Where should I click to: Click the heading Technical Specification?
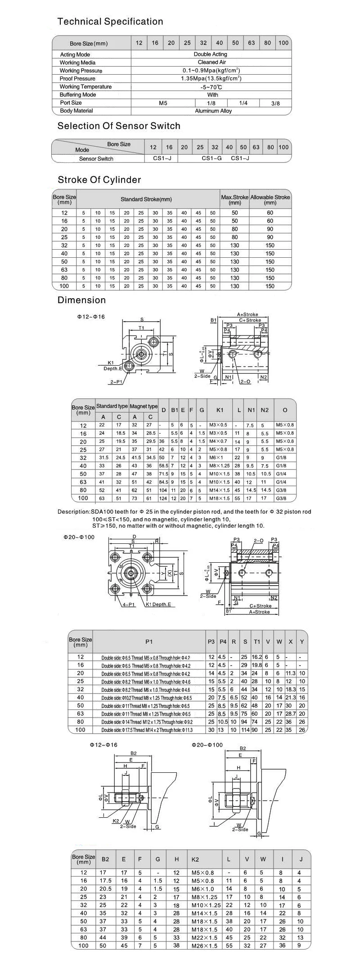tap(110, 22)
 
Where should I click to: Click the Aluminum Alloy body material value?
tap(213, 111)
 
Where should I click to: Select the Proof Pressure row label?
tap(77, 79)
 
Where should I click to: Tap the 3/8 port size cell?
tap(275, 103)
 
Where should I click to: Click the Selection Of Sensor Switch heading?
tap(118, 126)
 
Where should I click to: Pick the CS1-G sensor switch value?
tap(211, 158)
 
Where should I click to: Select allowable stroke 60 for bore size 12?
tap(270, 213)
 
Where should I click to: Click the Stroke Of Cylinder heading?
tap(99, 180)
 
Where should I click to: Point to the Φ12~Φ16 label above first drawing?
tap(90, 317)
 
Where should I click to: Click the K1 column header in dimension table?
tap(220, 410)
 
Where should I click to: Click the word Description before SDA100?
tap(73, 512)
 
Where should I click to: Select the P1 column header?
tap(149, 642)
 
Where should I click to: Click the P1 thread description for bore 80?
tap(147, 722)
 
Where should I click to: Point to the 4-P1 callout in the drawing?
tap(129, 605)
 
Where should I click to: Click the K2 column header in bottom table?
tap(195, 859)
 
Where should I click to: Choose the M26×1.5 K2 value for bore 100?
tap(204, 946)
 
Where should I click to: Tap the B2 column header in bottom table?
tap(105, 859)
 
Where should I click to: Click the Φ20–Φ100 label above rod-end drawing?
tap(207, 745)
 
